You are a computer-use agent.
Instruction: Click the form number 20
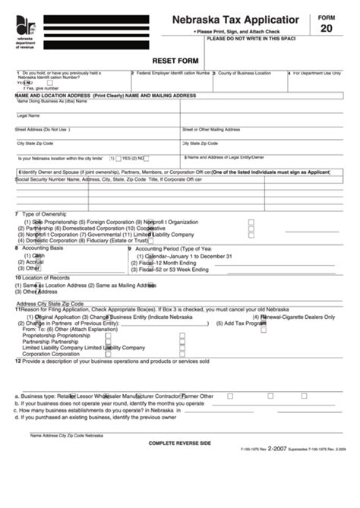[x=327, y=28]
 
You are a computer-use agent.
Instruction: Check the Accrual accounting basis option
[x=34, y=261]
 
